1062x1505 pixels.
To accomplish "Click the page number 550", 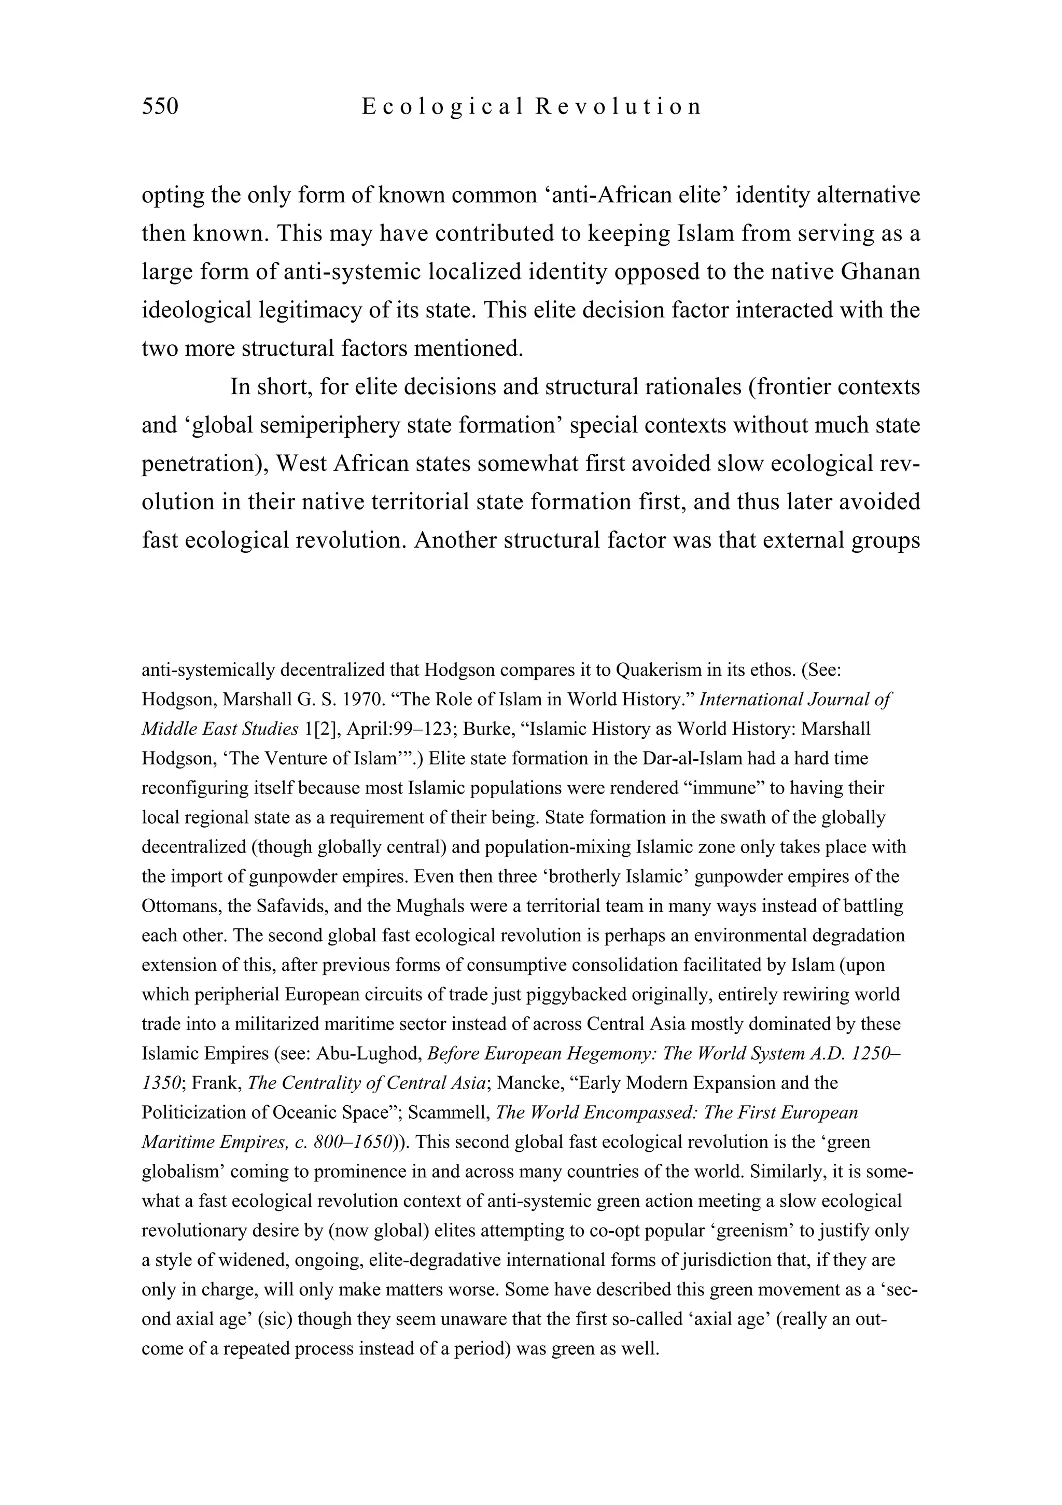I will tap(160, 106).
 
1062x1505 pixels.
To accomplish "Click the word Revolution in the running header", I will tap(618, 106).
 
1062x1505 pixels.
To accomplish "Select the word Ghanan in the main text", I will tap(880, 271).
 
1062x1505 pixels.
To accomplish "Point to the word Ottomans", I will tap(181, 906).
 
